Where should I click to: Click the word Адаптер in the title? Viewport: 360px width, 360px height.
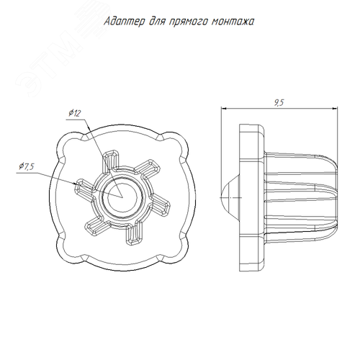pyautogui.click(x=125, y=22)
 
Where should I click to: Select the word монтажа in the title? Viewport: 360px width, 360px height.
pyautogui.click(x=233, y=22)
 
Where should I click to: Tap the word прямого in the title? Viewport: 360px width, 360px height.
pyautogui.click(x=188, y=22)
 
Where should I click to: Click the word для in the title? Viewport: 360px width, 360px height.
pyautogui.click(x=157, y=22)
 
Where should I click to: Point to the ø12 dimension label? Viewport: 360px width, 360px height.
pyautogui.click(x=75, y=113)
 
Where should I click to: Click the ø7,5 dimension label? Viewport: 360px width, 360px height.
pyautogui.click(x=27, y=166)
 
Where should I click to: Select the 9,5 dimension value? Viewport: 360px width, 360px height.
pyautogui.click(x=279, y=102)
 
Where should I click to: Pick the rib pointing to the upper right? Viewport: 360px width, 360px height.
pyautogui.click(x=147, y=168)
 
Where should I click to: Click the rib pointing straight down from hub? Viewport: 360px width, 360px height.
pyautogui.click(x=134, y=233)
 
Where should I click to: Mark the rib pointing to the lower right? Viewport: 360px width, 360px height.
pyautogui.click(x=159, y=205)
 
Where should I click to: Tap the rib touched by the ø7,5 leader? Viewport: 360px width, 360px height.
pyautogui.click(x=84, y=188)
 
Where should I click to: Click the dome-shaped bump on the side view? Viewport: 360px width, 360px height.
pyautogui.click(x=230, y=197)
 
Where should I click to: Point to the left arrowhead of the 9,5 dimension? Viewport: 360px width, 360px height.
pyautogui.click(x=224, y=109)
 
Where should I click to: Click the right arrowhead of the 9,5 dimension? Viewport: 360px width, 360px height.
pyautogui.click(x=335, y=109)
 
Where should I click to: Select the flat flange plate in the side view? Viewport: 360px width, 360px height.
pyautogui.click(x=251, y=197)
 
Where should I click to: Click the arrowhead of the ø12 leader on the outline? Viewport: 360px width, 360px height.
pyautogui.click(x=89, y=127)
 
